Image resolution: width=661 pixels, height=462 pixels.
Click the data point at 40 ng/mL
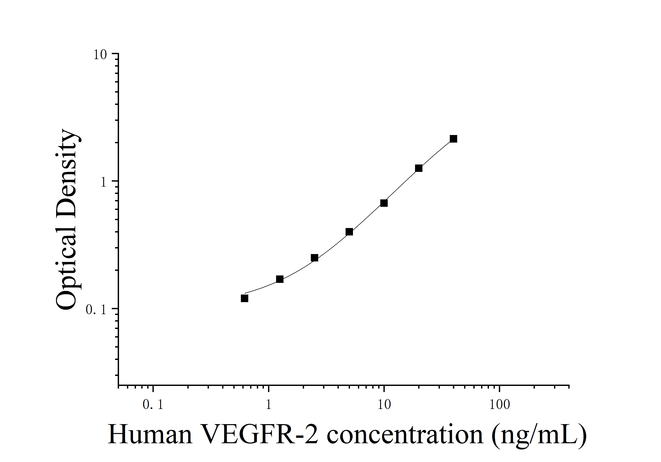click(x=453, y=139)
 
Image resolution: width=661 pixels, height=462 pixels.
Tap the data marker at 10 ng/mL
click(x=384, y=203)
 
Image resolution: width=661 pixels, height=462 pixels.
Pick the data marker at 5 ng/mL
click(x=349, y=232)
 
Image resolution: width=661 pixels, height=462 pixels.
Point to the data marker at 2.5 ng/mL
click(x=314, y=258)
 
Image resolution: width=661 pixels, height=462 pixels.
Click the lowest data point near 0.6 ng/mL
click(x=244, y=299)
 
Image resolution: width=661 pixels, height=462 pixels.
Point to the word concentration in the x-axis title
click(x=405, y=435)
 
